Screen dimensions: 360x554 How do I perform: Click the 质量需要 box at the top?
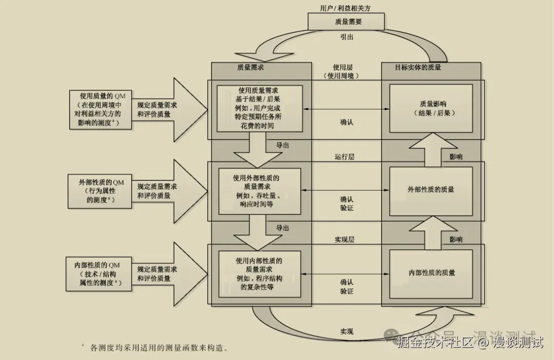pyautogui.click(x=346, y=22)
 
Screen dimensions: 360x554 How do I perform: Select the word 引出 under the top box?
pyautogui.click(x=347, y=37)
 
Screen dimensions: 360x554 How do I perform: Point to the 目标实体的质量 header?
pyautogui.click(x=418, y=67)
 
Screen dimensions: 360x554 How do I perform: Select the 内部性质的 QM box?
pyautogui.click(x=100, y=274)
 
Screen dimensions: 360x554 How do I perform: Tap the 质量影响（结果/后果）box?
pyautogui.click(x=431, y=108)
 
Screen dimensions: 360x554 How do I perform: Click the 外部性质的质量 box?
pyautogui.click(x=431, y=190)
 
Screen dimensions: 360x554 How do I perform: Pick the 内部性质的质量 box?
pyautogui.click(x=431, y=273)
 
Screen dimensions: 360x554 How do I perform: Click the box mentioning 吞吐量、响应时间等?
pyautogui.click(x=259, y=191)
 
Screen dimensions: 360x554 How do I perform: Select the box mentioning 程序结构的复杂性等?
pyautogui.click(x=259, y=274)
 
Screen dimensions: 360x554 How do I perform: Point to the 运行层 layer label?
pyautogui.click(x=345, y=157)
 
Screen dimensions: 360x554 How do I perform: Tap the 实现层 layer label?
pyautogui.click(x=345, y=239)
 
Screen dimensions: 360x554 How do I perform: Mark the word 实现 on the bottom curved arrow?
pyautogui.click(x=347, y=331)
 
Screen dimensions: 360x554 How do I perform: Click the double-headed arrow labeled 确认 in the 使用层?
pyautogui.click(x=346, y=109)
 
